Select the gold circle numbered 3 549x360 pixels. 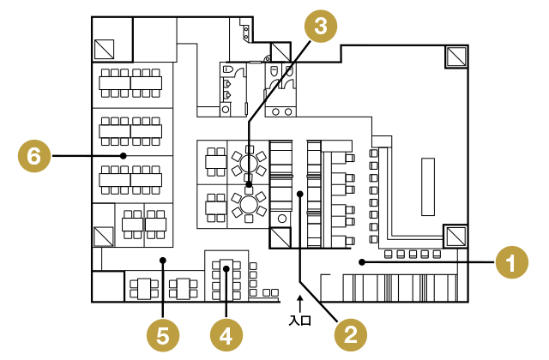(x=320, y=26)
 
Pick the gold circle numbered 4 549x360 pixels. (x=226, y=334)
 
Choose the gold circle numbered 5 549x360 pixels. (x=163, y=334)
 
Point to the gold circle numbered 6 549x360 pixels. (x=33, y=156)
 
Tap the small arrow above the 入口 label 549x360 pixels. (x=299, y=301)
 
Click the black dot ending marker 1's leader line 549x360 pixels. (x=362, y=261)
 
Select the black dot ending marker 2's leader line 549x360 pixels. (x=300, y=195)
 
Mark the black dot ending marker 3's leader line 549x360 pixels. (x=249, y=183)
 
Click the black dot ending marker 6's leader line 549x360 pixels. (x=124, y=156)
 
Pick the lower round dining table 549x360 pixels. (x=250, y=204)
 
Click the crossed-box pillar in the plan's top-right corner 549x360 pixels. (x=456, y=57)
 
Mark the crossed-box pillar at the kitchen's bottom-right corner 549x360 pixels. (x=455, y=235)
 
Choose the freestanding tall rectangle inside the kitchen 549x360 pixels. (x=427, y=186)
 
